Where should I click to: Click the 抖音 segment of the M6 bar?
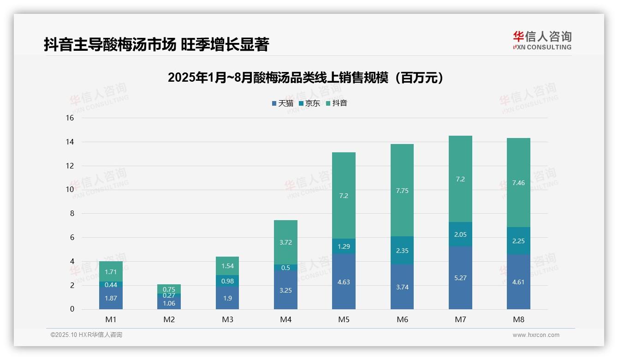point(402,190)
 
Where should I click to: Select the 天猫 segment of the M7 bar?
point(460,277)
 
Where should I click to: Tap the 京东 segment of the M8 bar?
point(518,241)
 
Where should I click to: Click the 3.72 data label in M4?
point(285,242)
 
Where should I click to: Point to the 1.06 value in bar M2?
point(169,303)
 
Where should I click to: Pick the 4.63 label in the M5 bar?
point(344,282)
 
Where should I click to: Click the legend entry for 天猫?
point(282,103)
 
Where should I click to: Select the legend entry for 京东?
point(309,103)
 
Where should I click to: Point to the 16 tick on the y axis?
point(70,118)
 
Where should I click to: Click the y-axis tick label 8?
point(71,214)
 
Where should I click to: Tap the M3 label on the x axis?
point(227,319)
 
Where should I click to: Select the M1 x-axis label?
point(111,319)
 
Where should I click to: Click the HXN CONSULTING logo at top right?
point(542,41)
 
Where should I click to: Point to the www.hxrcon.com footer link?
point(535,335)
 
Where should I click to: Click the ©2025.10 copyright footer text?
point(86,335)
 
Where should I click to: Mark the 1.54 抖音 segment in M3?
point(227,266)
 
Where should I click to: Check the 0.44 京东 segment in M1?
point(111,285)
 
